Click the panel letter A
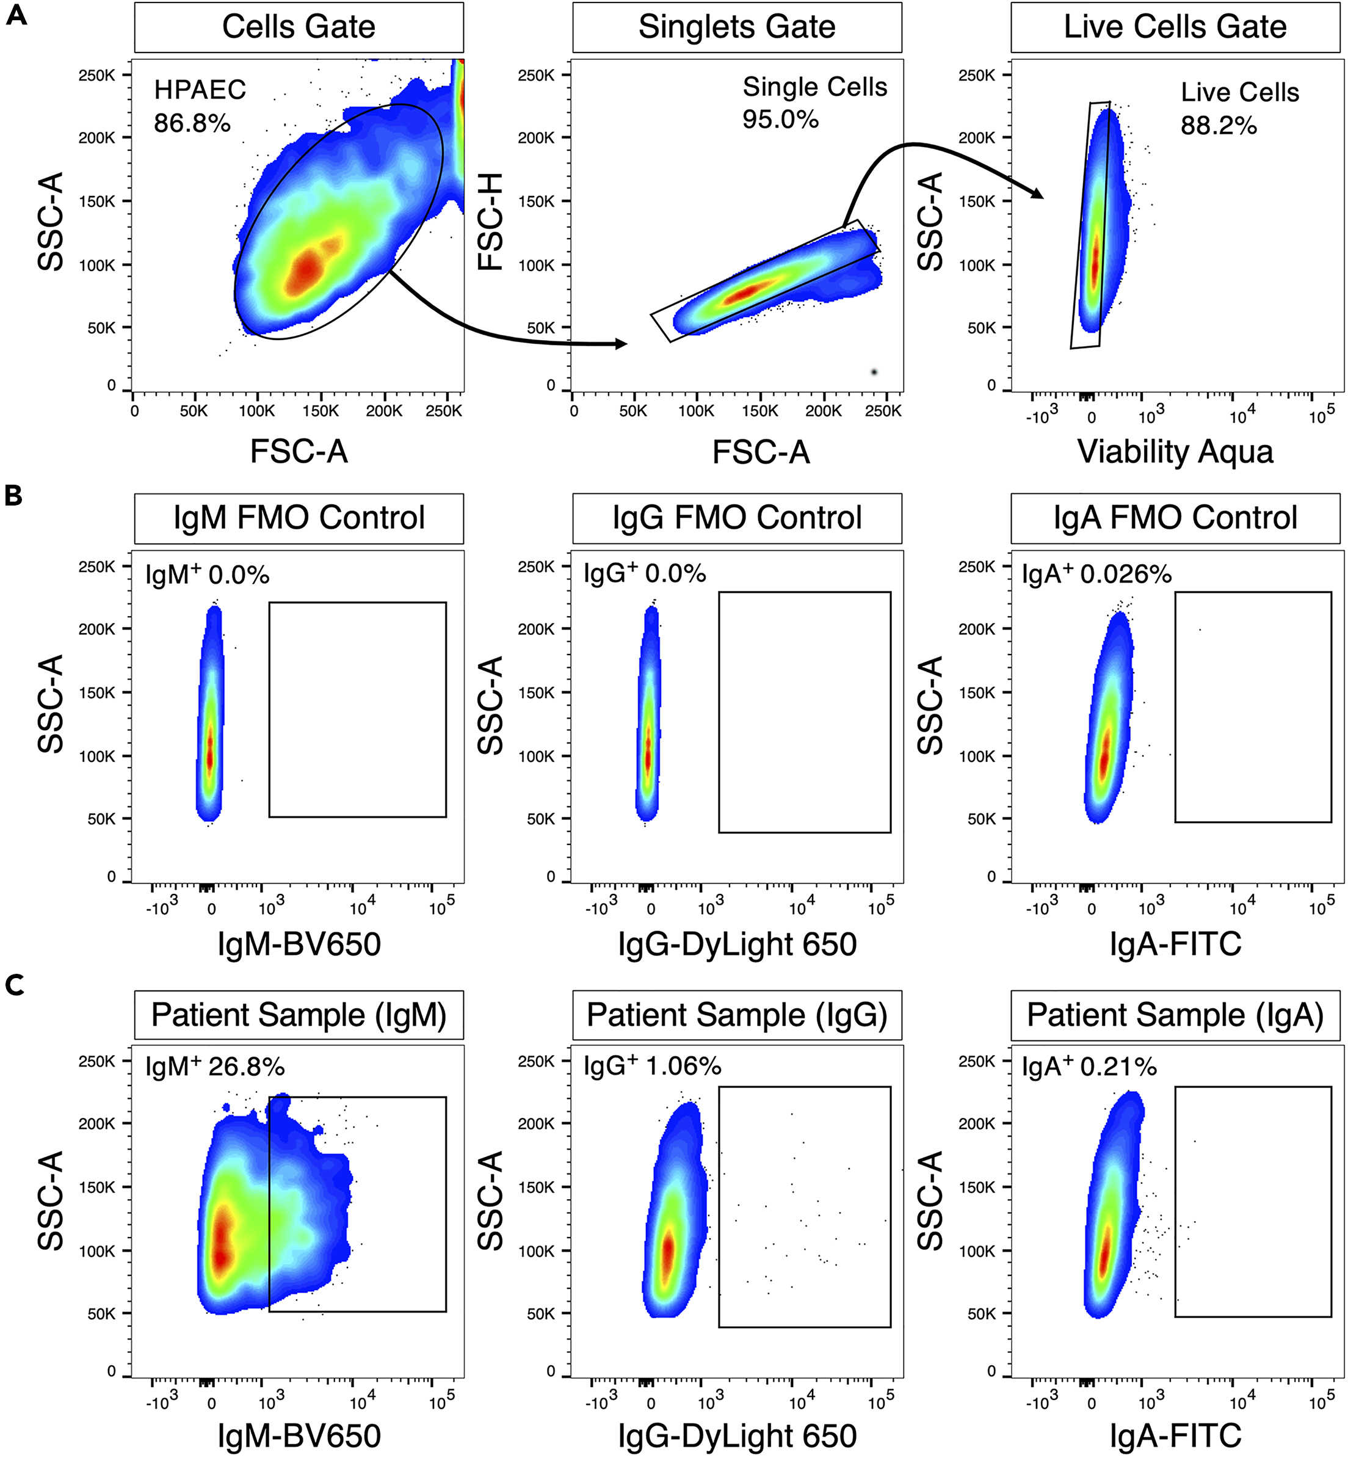(x=16, y=15)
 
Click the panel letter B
(x=14, y=495)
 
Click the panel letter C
(x=15, y=985)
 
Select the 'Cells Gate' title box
(x=299, y=27)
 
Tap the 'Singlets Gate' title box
(x=737, y=27)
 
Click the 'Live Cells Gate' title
(x=1175, y=27)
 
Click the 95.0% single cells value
(x=780, y=119)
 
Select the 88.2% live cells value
(x=1218, y=125)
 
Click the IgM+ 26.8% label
(x=214, y=1067)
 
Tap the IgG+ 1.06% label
(x=652, y=1067)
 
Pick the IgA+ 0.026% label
(x=1096, y=575)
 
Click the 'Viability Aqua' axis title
(x=1175, y=451)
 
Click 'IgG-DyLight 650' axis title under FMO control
(x=737, y=944)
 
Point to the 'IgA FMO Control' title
(x=1175, y=518)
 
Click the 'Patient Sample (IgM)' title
(x=299, y=1015)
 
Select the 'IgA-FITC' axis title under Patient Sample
(x=1175, y=1435)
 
